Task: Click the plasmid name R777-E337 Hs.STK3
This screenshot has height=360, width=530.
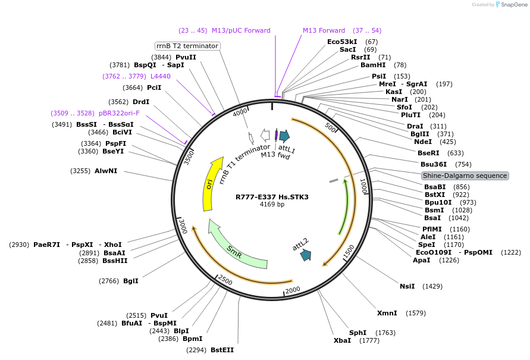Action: coord(272,197)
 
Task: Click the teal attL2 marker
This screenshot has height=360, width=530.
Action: coord(306,255)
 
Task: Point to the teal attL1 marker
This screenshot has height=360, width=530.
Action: coord(284,136)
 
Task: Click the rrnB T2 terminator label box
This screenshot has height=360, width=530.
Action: coord(187,46)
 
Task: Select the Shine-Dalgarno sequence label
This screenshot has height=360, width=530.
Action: coord(465,176)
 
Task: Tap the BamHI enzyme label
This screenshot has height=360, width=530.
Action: coord(373,65)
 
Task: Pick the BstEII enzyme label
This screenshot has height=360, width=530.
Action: coord(222,350)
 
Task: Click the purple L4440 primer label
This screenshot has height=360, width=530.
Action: coord(161,76)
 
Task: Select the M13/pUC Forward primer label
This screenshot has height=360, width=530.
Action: coord(241,30)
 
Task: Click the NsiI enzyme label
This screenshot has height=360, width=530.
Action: coord(407,286)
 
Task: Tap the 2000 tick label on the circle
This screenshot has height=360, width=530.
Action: coord(293,290)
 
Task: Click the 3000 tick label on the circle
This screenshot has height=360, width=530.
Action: coord(183,227)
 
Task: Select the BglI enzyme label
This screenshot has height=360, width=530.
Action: coord(131,281)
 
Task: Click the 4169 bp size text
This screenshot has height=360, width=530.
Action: coord(272,205)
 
